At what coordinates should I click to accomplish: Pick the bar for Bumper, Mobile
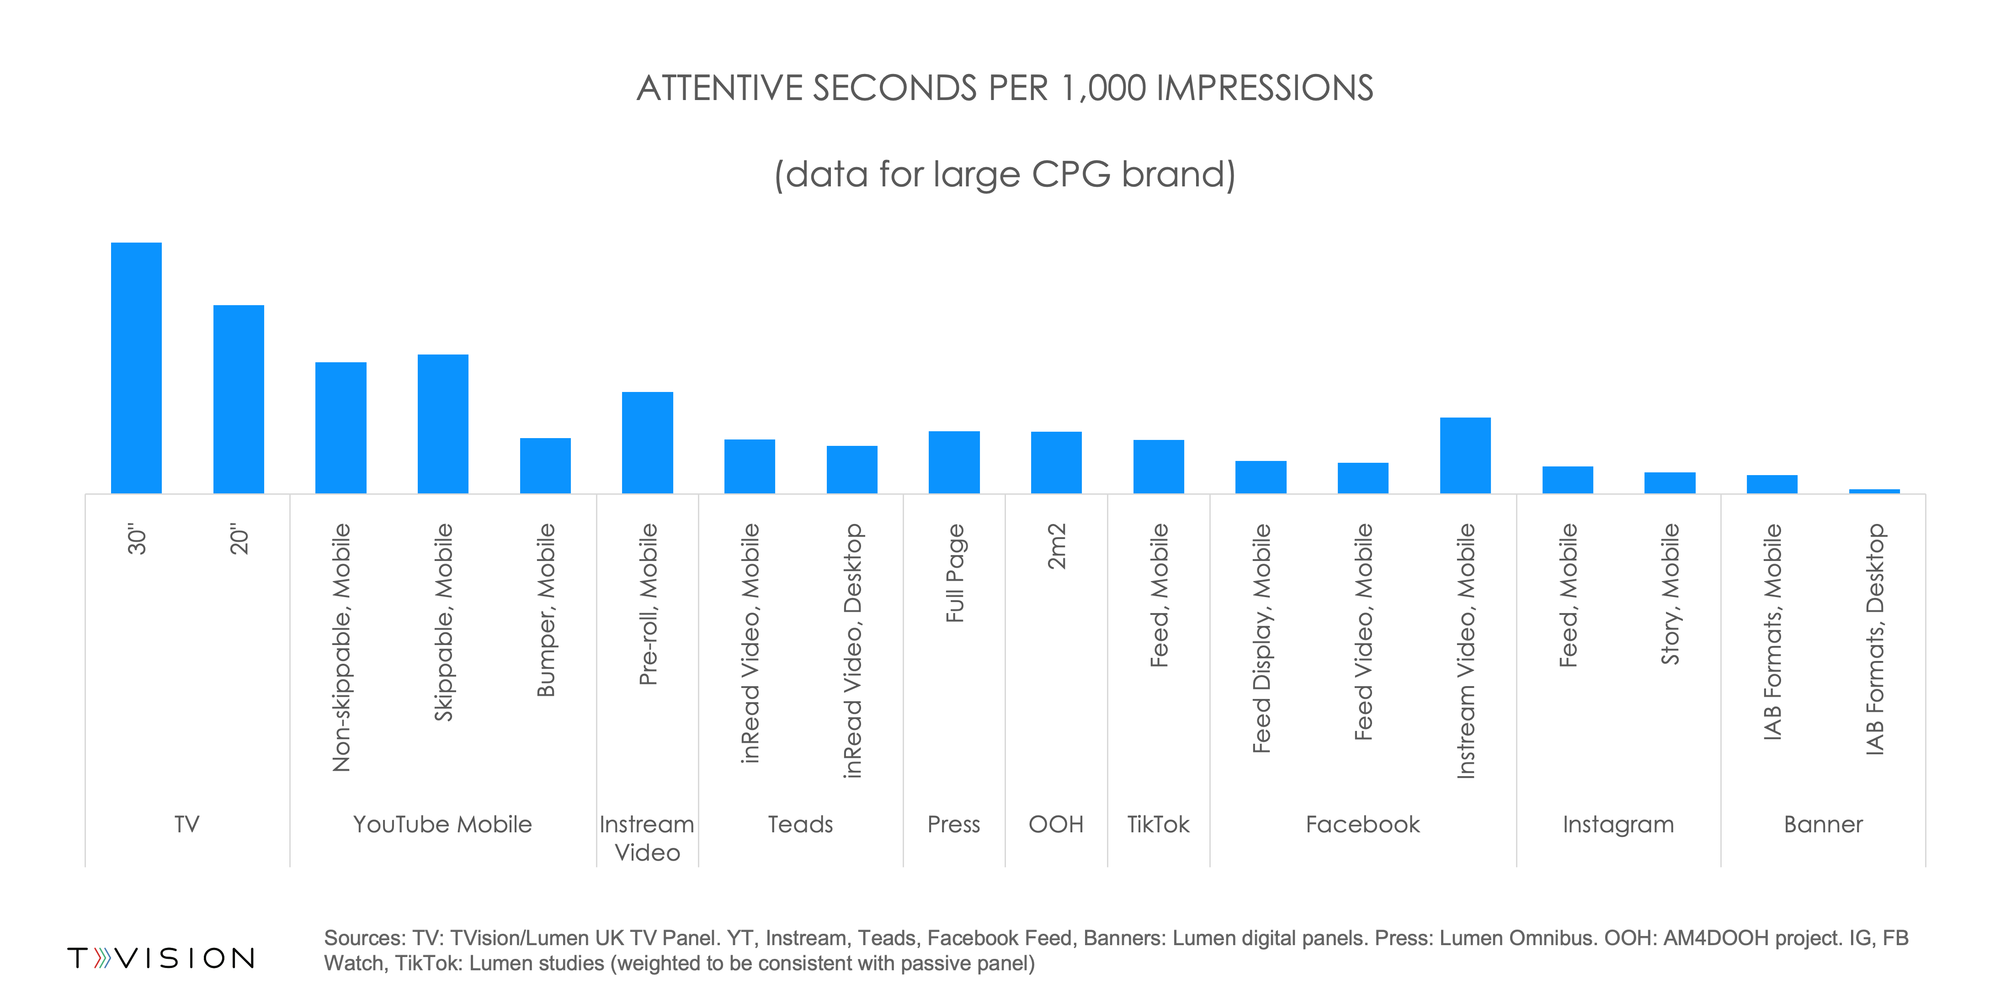coord(545,466)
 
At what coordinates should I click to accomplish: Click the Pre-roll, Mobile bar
coord(647,442)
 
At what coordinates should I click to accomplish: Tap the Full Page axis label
coord(955,573)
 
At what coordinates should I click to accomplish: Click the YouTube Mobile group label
coord(442,824)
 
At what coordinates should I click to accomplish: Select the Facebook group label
coord(1362,824)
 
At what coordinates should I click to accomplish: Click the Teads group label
coord(800,824)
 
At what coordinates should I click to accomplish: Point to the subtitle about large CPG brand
coord(1005,174)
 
